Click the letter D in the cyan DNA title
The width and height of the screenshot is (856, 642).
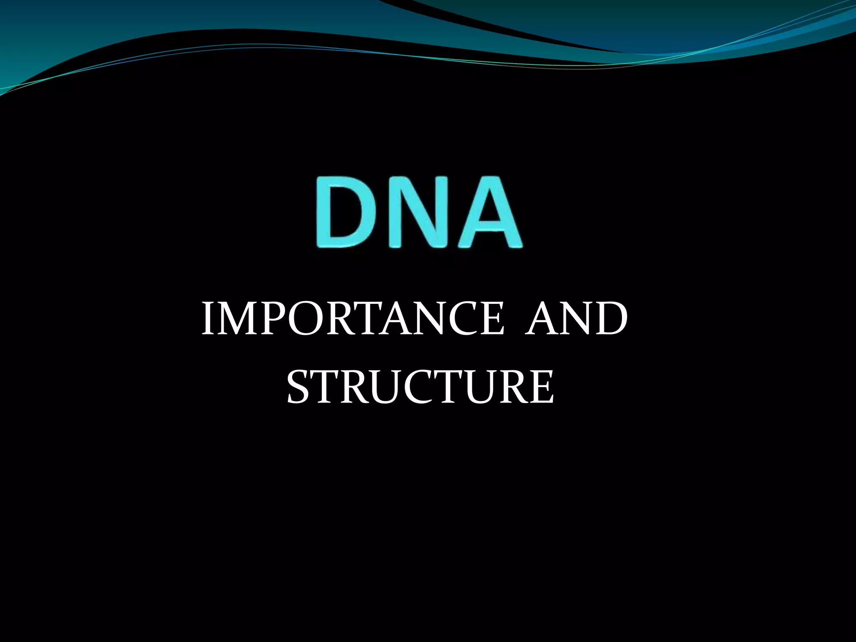coord(349,212)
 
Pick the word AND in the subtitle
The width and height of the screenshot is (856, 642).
coord(576,319)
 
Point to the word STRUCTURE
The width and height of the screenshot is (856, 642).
coord(420,386)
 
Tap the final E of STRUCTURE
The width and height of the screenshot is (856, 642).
coord(541,386)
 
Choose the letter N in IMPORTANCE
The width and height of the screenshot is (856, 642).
coord(422,319)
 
